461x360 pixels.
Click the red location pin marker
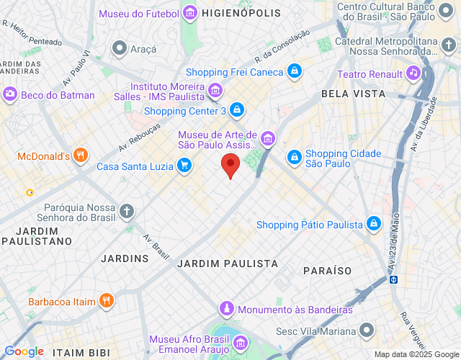230,165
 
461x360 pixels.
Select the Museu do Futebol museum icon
189,13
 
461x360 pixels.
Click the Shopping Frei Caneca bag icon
294,72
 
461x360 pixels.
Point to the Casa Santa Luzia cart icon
184,166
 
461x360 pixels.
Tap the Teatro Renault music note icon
413,72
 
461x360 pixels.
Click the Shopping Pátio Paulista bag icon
373,225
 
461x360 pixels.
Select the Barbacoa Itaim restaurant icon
107,301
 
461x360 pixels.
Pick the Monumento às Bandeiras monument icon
226,309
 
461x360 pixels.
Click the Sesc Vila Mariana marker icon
367,331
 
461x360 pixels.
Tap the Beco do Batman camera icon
10,94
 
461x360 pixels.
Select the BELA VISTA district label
354,94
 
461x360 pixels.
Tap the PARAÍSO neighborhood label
328,271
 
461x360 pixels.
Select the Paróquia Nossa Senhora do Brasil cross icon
127,211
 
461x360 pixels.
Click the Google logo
24,351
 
